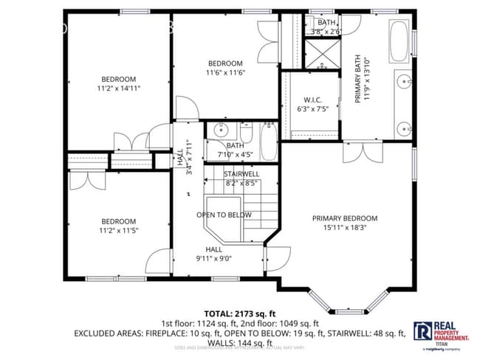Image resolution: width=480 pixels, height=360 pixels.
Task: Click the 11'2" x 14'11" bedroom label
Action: coord(118,83)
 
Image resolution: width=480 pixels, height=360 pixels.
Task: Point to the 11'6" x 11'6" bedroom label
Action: coord(224,68)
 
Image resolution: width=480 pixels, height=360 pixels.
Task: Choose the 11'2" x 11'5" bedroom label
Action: coord(118,226)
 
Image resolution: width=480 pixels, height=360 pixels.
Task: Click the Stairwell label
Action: coord(241,178)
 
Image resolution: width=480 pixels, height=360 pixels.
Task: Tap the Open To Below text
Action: coord(223,215)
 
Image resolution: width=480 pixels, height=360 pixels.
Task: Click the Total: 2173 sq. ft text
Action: coord(239,313)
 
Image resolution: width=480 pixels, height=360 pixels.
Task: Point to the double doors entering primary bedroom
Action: coord(362,151)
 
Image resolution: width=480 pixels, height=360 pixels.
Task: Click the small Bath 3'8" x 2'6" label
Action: coord(326,27)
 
